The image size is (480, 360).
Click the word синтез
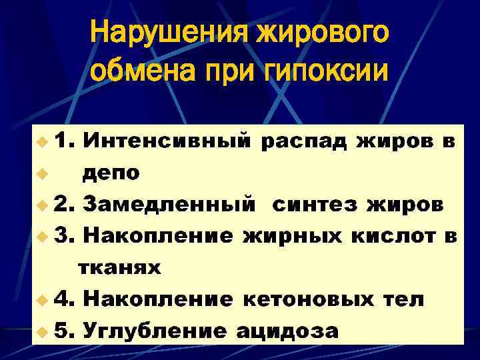pyautogui.click(x=314, y=205)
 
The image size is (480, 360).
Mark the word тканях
pyautogui.click(x=119, y=268)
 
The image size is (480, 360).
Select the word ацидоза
pyautogui.click(x=287, y=331)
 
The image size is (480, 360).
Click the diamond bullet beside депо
pyautogui.click(x=43, y=174)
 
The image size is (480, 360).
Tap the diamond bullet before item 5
pyautogui.click(x=43, y=331)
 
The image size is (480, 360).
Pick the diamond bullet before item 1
pyautogui.click(x=43, y=142)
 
